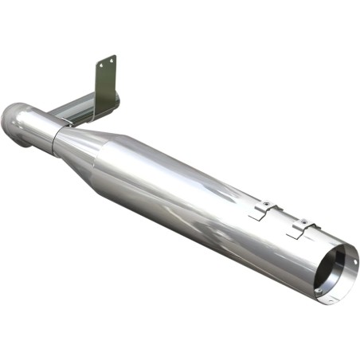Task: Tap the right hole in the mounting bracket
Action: coord(112,60)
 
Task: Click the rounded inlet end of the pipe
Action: coord(13,123)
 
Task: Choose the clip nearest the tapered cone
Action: coord(263,210)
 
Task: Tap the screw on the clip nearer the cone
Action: coord(268,204)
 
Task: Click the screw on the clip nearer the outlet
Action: coord(303,221)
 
